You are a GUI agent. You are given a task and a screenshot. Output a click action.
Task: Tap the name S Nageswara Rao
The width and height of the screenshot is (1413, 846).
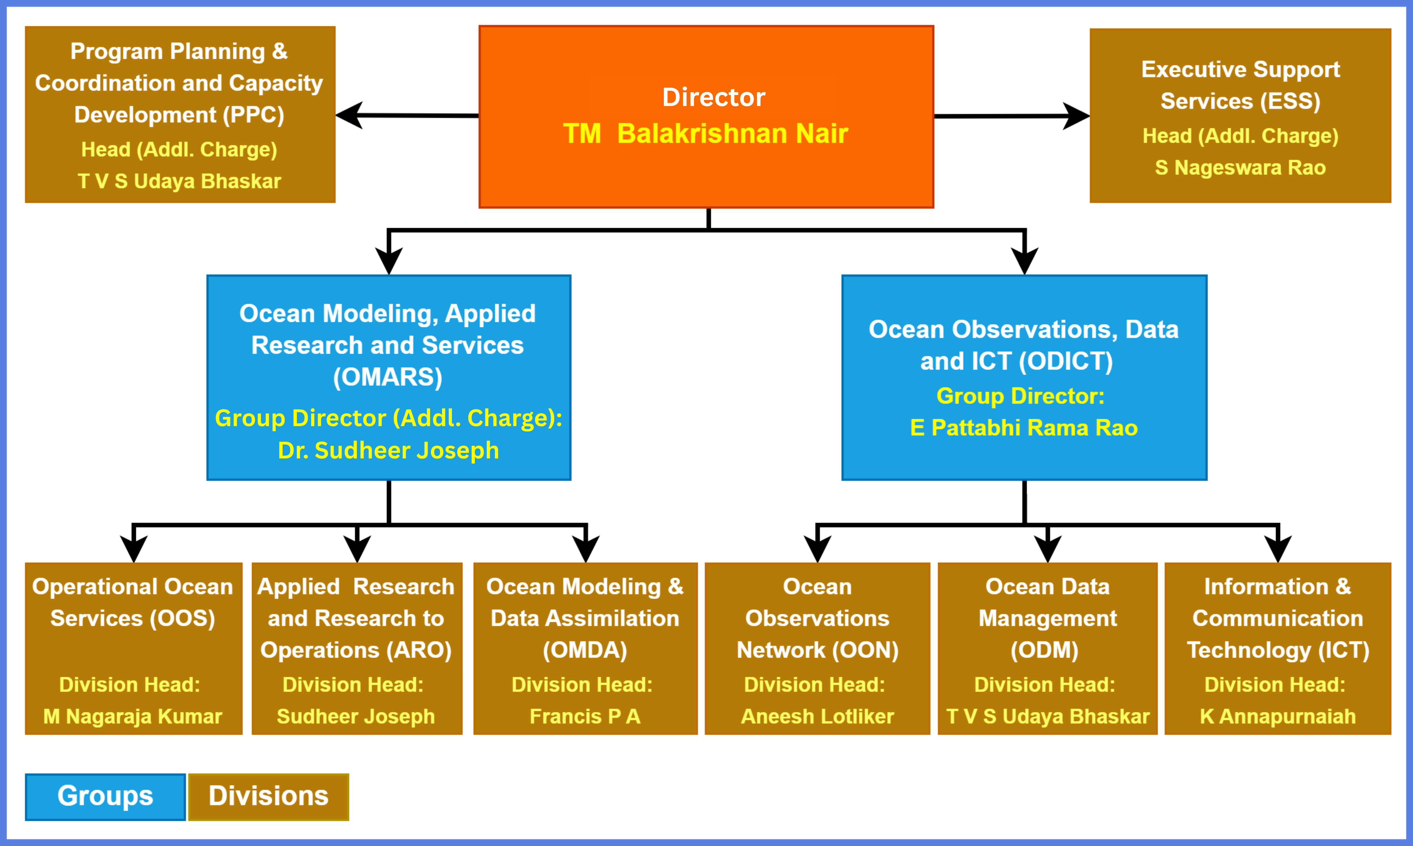[1240, 168]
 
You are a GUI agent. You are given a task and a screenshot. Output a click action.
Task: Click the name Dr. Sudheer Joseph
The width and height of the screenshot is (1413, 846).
[388, 451]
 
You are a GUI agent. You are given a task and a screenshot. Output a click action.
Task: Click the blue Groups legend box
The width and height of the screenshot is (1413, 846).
[105, 796]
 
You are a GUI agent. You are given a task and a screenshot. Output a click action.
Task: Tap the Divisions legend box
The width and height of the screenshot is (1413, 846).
[268, 796]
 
